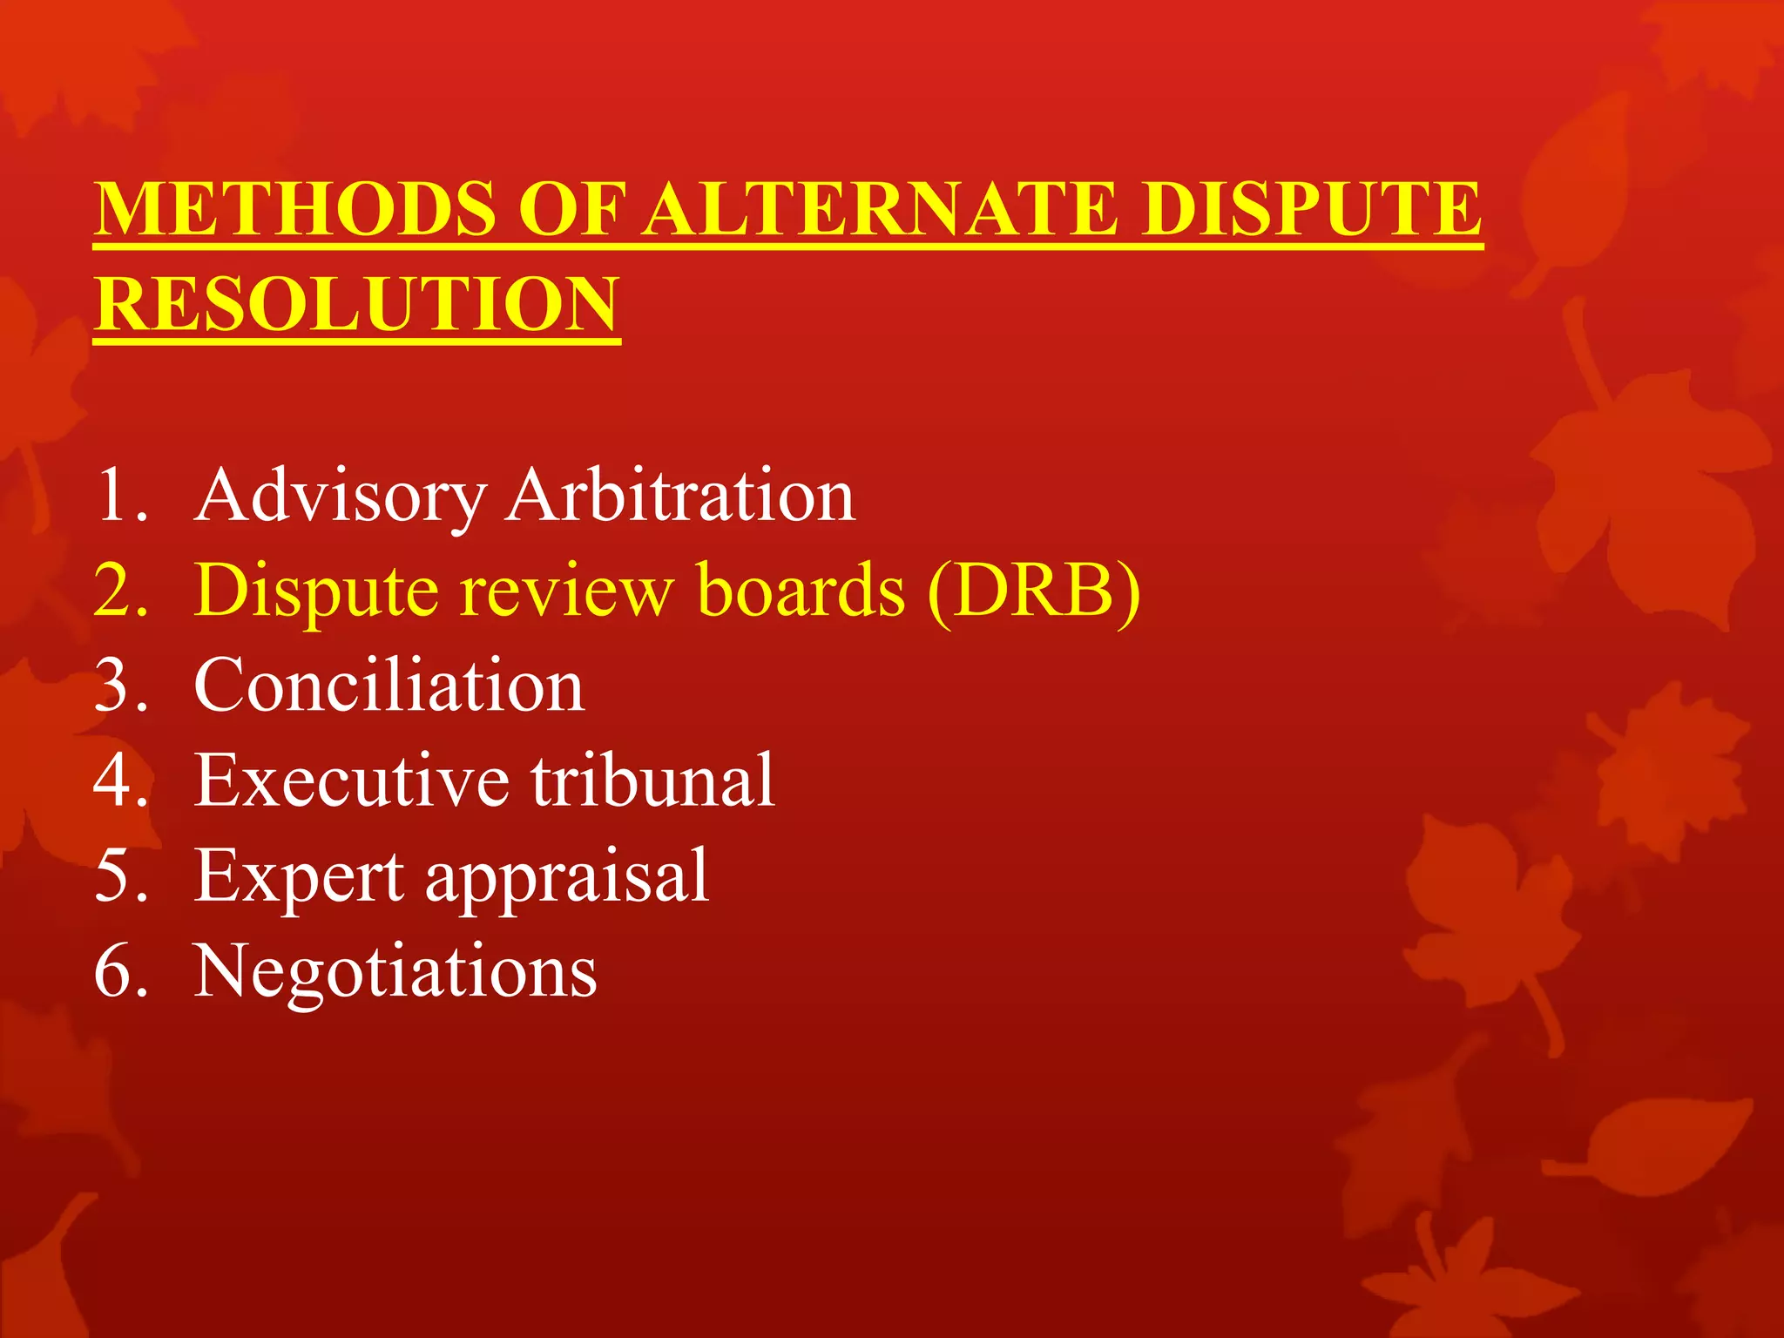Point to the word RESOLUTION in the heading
click(357, 304)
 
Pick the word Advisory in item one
click(340, 497)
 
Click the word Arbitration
click(681, 497)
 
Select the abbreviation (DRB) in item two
click(1034, 592)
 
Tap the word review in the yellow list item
click(566, 592)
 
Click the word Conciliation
click(389, 686)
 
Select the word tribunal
click(653, 780)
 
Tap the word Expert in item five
click(299, 876)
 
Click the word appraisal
click(567, 878)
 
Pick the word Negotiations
click(395, 971)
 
